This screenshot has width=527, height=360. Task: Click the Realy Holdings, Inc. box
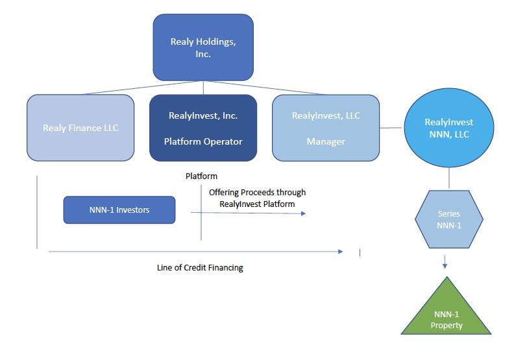point(203,47)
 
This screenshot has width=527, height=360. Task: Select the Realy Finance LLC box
point(80,128)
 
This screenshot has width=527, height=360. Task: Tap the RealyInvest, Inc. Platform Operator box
point(203,128)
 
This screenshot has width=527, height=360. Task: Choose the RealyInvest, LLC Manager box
point(326,128)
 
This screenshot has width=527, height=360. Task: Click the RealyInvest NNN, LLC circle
point(449,128)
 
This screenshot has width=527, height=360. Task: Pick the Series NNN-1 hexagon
point(449,219)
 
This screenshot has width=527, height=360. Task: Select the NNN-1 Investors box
point(119,210)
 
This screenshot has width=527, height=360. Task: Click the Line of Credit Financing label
point(200,268)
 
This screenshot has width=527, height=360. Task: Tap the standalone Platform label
point(201,176)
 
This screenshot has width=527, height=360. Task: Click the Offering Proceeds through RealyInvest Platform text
point(258,198)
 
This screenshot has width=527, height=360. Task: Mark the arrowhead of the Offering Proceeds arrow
point(304,213)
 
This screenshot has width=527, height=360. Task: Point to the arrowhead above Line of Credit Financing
point(341,252)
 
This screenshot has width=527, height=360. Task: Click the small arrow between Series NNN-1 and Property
point(445,262)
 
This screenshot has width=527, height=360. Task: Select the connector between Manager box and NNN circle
point(391,128)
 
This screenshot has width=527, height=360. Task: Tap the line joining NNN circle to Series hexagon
point(449,178)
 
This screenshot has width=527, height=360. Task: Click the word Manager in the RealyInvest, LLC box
point(326,141)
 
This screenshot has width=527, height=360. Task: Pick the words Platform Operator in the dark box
point(203,141)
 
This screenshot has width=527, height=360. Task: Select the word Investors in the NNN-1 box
point(133,210)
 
